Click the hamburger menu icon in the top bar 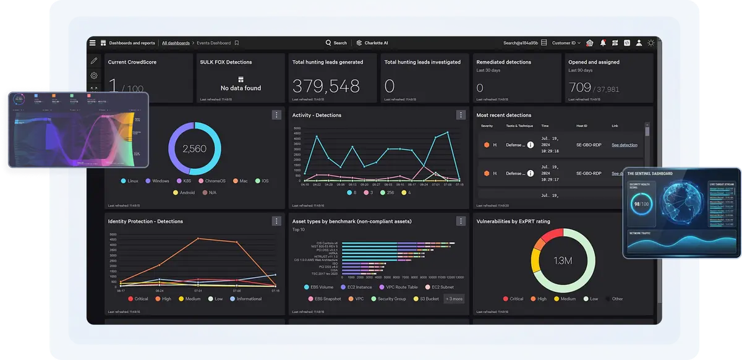click(93, 43)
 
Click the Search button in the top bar click(336, 43)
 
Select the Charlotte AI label click(373, 43)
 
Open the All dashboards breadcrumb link click(176, 43)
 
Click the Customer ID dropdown click(566, 43)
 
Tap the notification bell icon click(603, 43)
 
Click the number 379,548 click(326, 86)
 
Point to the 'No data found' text click(241, 88)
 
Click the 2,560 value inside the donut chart click(194, 148)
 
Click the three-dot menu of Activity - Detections click(461, 115)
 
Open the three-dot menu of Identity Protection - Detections click(276, 221)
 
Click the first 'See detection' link click(624, 145)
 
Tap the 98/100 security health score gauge click(641, 204)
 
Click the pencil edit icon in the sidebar click(94, 61)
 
